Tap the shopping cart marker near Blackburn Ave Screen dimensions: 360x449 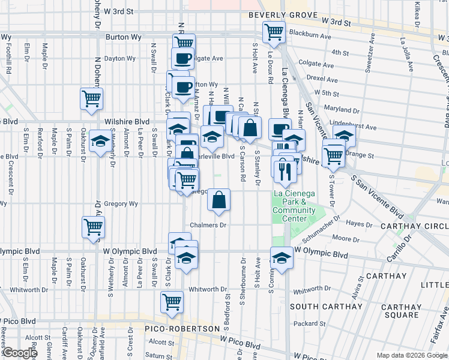(274, 32)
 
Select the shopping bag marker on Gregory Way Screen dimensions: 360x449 (220, 200)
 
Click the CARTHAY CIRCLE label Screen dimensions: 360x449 (414, 226)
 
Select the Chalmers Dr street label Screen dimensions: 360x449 (208, 226)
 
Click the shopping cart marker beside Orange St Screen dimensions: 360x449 (333, 156)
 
